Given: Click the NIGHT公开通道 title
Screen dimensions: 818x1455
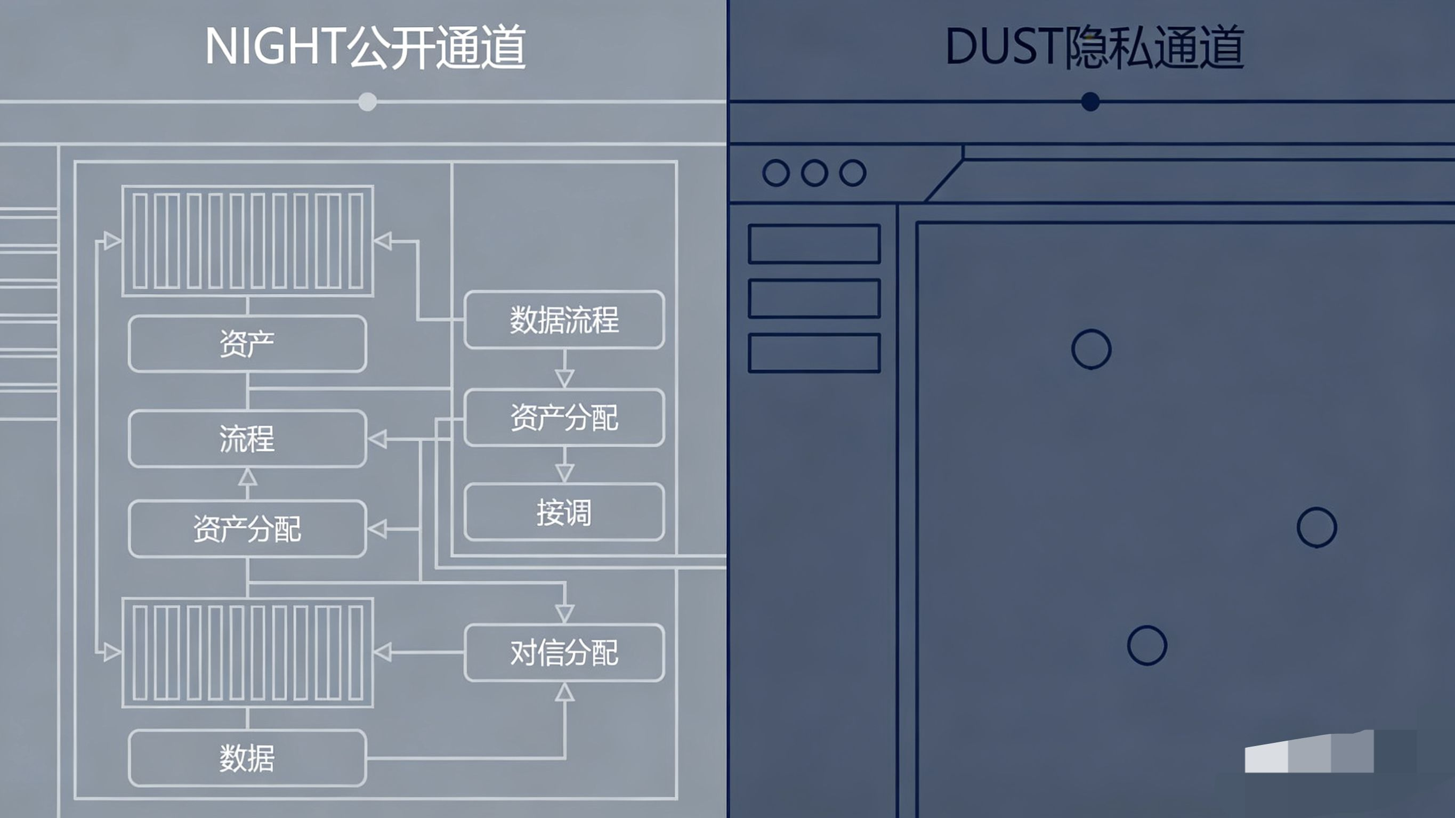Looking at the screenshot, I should (x=365, y=47).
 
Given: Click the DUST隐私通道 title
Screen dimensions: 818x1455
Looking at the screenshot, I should (x=1094, y=47).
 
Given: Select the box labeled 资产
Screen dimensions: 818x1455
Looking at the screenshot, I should (x=247, y=344).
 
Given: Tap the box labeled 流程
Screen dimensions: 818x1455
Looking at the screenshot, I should (x=247, y=439).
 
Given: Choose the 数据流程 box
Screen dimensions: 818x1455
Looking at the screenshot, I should (x=564, y=320).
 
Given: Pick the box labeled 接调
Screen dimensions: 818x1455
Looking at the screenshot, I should (x=564, y=512).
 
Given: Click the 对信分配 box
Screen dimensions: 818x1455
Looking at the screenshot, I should (x=564, y=652).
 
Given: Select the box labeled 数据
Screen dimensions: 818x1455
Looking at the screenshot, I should (x=247, y=758).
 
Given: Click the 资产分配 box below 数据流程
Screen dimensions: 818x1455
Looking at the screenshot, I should (x=564, y=418).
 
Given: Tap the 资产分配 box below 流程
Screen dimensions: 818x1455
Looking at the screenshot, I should (x=247, y=529).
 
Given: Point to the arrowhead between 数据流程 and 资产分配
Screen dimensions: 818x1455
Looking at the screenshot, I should (x=564, y=377).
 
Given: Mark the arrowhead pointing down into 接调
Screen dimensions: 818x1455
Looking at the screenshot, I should (x=564, y=472).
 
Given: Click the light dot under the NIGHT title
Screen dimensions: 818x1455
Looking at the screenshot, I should (x=368, y=102).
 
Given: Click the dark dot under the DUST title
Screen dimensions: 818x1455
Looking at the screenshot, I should (x=1090, y=102).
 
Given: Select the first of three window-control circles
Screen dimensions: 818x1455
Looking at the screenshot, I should (x=776, y=173).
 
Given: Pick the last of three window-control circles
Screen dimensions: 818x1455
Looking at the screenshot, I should (x=852, y=173).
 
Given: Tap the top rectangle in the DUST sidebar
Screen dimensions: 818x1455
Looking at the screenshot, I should (x=814, y=244).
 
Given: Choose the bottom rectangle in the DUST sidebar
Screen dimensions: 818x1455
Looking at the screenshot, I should (x=814, y=353).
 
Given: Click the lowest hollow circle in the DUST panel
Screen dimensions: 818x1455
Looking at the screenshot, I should (x=1146, y=645).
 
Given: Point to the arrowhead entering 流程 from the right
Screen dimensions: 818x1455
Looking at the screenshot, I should (x=377, y=439).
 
